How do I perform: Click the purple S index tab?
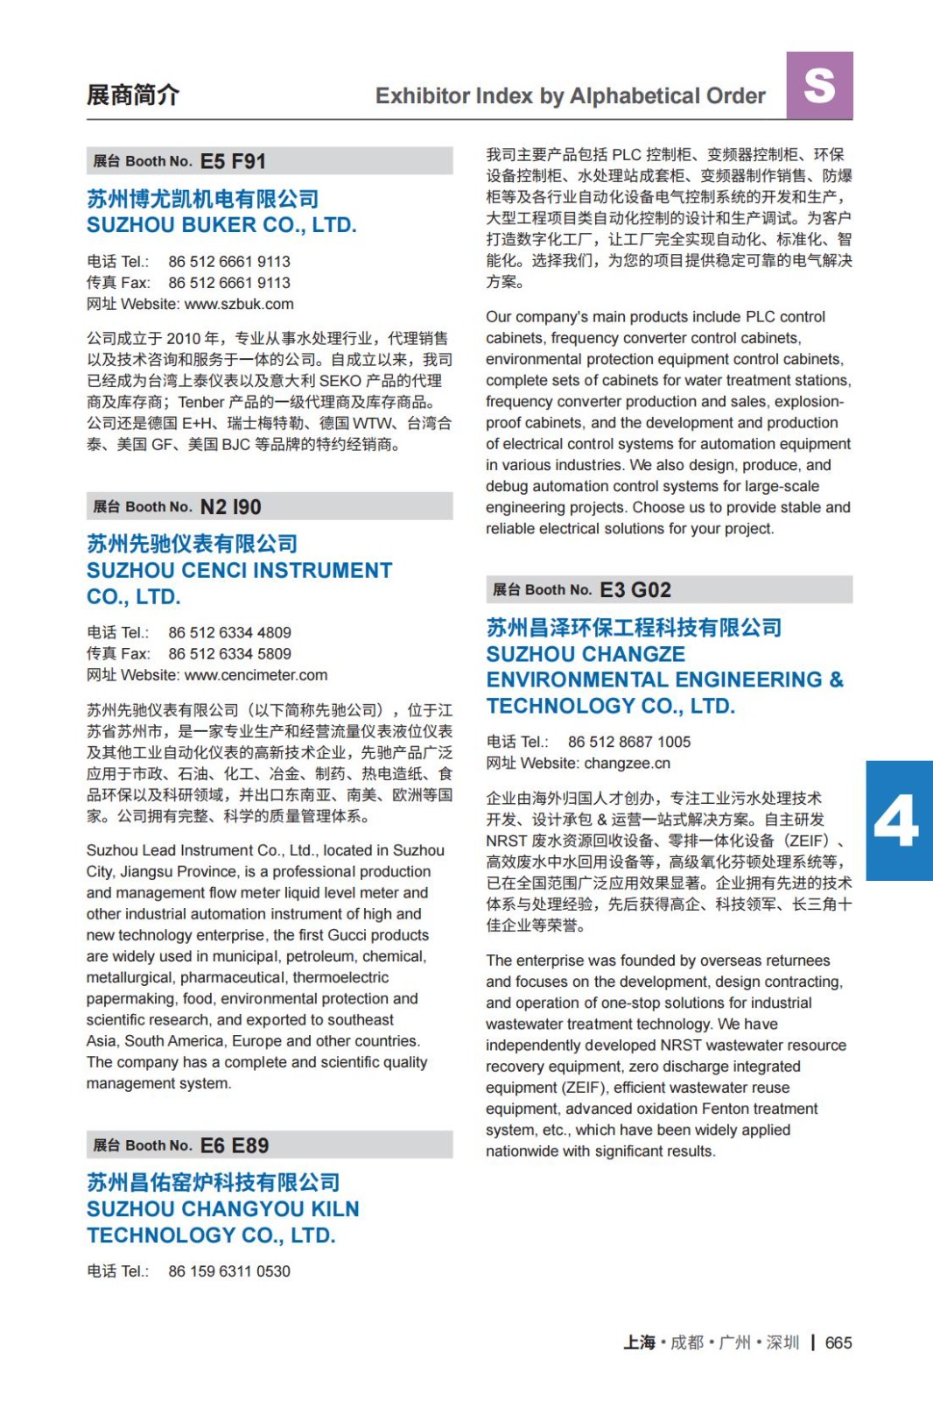pos(819,86)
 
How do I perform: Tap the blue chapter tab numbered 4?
pos(898,820)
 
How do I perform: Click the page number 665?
pos(838,1342)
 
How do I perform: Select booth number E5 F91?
pos(233,161)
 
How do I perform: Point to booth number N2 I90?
pos(230,507)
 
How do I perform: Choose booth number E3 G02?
pos(635,590)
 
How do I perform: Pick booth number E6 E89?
pos(235,1145)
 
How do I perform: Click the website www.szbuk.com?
pos(239,304)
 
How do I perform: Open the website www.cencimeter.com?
pos(256,675)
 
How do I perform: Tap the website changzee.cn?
pos(627,764)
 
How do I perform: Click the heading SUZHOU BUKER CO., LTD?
pos(221,225)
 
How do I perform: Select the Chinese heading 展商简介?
pos(133,95)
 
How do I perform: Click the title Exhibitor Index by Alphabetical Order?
pos(570,96)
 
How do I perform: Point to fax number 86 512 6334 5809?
pos(229,653)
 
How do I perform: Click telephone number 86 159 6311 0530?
pos(229,1271)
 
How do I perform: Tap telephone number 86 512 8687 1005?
pos(628,742)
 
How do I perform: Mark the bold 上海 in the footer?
pos(639,1342)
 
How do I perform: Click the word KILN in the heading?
pos(330,1209)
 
